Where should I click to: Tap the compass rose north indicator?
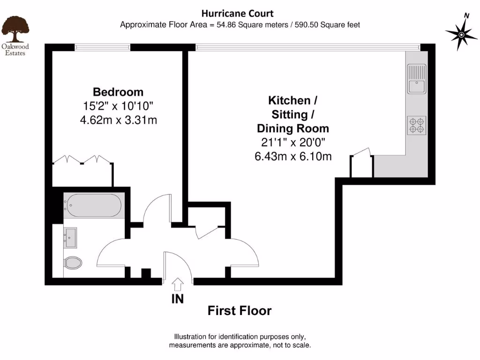tap(462, 34)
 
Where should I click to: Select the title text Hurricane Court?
tap(237, 14)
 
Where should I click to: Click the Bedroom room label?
tap(118, 92)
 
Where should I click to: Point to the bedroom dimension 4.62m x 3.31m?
tap(118, 120)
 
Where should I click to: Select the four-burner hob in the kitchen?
tap(417, 125)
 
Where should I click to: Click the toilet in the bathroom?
tap(73, 262)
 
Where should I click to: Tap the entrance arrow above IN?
tap(178, 285)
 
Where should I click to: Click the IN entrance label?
tap(178, 299)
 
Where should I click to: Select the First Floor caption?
tap(240, 311)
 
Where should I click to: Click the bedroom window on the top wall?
tap(102, 46)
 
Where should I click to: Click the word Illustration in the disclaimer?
tap(193, 337)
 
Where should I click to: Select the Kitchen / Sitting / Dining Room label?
tap(292, 114)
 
